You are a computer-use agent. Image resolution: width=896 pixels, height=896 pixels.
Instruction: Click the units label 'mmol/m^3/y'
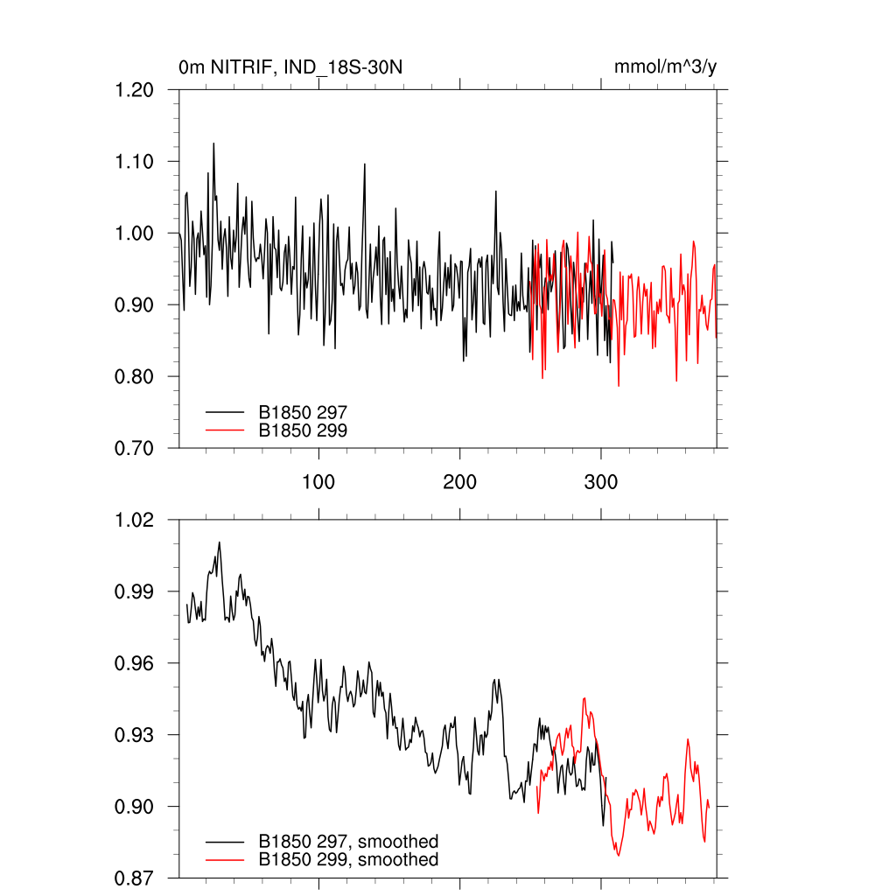(667, 67)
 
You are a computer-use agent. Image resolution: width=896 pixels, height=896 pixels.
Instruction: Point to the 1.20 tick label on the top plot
(135, 90)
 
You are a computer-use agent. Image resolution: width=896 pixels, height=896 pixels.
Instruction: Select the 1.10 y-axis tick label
(135, 162)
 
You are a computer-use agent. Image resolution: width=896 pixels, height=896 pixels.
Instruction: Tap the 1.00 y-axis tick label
(135, 234)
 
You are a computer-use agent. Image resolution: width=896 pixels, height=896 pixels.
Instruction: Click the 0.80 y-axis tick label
(135, 377)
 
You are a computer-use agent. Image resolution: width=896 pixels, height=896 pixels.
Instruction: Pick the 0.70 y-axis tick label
(135, 449)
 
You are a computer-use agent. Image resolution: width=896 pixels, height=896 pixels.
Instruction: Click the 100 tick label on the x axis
(318, 482)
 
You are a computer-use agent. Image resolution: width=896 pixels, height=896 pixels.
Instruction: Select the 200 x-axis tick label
(459, 482)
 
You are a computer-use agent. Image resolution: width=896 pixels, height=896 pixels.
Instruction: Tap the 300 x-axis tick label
(600, 482)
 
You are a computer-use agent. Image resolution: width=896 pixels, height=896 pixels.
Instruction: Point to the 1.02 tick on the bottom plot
(135, 520)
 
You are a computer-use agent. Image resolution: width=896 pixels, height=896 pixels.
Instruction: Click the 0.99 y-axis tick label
(135, 591)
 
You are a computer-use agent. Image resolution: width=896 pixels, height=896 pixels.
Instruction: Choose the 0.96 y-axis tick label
(135, 663)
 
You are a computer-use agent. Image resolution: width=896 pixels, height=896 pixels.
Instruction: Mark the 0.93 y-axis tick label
(135, 735)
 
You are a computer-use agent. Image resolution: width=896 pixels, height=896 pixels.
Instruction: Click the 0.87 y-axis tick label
(135, 878)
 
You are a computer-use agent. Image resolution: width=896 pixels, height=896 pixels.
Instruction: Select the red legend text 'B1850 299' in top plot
(304, 430)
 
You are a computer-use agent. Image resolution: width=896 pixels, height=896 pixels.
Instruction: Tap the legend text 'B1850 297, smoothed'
(348, 842)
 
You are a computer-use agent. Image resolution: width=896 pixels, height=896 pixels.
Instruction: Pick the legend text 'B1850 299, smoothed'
(348, 860)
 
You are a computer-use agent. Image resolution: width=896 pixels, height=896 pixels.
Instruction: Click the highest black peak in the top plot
(213, 143)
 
